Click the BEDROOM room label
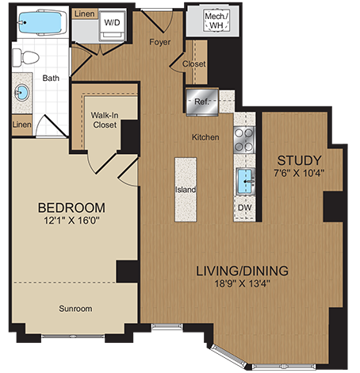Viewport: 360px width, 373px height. (x=72, y=208)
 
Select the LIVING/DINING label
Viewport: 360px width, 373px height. (x=242, y=271)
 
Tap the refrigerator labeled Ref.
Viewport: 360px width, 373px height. (x=199, y=101)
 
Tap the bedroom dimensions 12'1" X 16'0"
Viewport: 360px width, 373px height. (x=72, y=222)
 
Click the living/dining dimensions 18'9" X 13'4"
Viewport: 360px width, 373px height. (x=242, y=286)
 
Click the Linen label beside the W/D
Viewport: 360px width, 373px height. (x=85, y=14)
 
